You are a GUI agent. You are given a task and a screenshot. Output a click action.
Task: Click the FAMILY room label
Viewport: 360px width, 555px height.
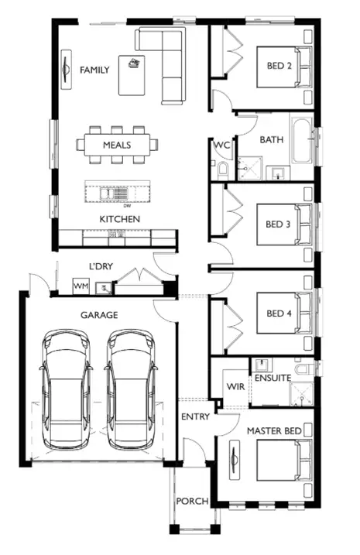pyautogui.click(x=94, y=70)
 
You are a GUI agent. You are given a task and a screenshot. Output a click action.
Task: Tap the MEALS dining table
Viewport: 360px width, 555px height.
pyautogui.click(x=116, y=145)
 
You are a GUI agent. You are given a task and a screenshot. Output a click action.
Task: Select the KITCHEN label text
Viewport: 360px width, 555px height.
pyautogui.click(x=119, y=220)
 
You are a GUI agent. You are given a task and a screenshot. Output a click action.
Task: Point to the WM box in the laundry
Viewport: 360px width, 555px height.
pyautogui.click(x=81, y=287)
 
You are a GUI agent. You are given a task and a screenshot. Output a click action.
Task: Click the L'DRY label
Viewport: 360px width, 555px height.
pyautogui.click(x=101, y=266)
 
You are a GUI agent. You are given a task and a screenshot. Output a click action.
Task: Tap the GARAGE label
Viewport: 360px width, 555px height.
pyautogui.click(x=99, y=315)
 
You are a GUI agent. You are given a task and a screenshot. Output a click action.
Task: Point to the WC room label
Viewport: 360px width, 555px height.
pyautogui.click(x=221, y=146)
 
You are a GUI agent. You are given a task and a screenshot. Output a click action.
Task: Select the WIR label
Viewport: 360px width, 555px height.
pyautogui.click(x=235, y=385)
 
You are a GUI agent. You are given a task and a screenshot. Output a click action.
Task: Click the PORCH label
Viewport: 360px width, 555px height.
pyautogui.click(x=190, y=502)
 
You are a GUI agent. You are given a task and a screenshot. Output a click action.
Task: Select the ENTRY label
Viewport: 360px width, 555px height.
pyautogui.click(x=195, y=417)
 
